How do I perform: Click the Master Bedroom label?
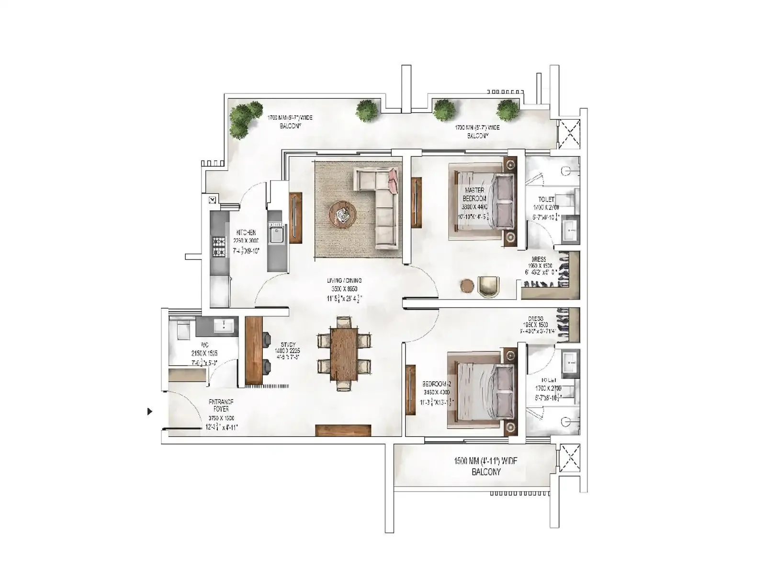[474, 194]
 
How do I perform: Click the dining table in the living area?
[344, 353]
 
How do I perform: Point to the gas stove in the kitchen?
[219, 246]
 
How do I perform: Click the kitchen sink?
[276, 234]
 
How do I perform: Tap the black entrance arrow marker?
[150, 411]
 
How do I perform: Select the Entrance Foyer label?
[221, 406]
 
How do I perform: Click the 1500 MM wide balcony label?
[485, 466]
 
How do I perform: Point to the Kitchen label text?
[246, 232]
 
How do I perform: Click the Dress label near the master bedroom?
[538, 259]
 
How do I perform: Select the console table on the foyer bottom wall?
[343, 430]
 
